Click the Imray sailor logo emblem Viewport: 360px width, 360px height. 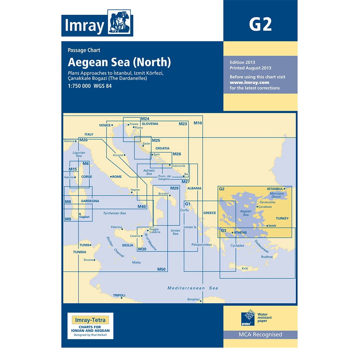(x=121, y=24)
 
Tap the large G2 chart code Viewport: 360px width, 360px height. (x=260, y=24)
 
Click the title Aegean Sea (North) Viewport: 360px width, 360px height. (x=119, y=62)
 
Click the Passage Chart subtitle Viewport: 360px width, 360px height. (x=84, y=50)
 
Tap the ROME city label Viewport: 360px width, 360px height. (x=117, y=177)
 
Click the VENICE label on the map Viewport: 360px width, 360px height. (x=105, y=125)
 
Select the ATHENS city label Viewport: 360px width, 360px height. (x=240, y=233)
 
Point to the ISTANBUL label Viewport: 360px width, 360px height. (x=275, y=189)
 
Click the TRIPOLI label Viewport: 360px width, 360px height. (x=119, y=295)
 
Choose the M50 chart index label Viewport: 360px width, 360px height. (x=161, y=269)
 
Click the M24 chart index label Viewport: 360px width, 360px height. (x=145, y=119)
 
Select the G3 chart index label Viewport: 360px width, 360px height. (x=224, y=231)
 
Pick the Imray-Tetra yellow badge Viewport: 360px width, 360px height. (x=90, y=319)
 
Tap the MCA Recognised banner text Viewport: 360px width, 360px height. (x=260, y=335)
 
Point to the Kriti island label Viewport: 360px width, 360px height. (x=245, y=269)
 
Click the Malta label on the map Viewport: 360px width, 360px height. (x=136, y=262)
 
